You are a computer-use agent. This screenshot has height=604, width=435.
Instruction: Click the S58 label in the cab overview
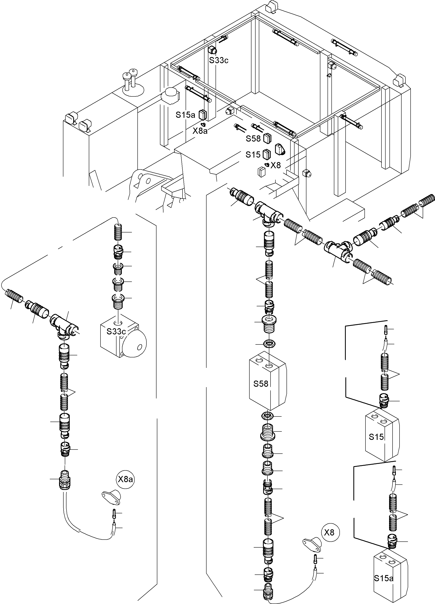pyautogui.click(x=253, y=138)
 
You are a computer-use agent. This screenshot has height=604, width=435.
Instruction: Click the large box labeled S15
pyautogui.click(x=381, y=437)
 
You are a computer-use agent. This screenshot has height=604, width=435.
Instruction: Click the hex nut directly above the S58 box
pyautogui.click(x=269, y=344)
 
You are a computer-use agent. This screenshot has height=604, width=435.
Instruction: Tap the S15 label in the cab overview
pyautogui.click(x=253, y=155)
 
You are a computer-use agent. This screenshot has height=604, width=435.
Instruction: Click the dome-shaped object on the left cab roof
pyautogui.click(x=170, y=96)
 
